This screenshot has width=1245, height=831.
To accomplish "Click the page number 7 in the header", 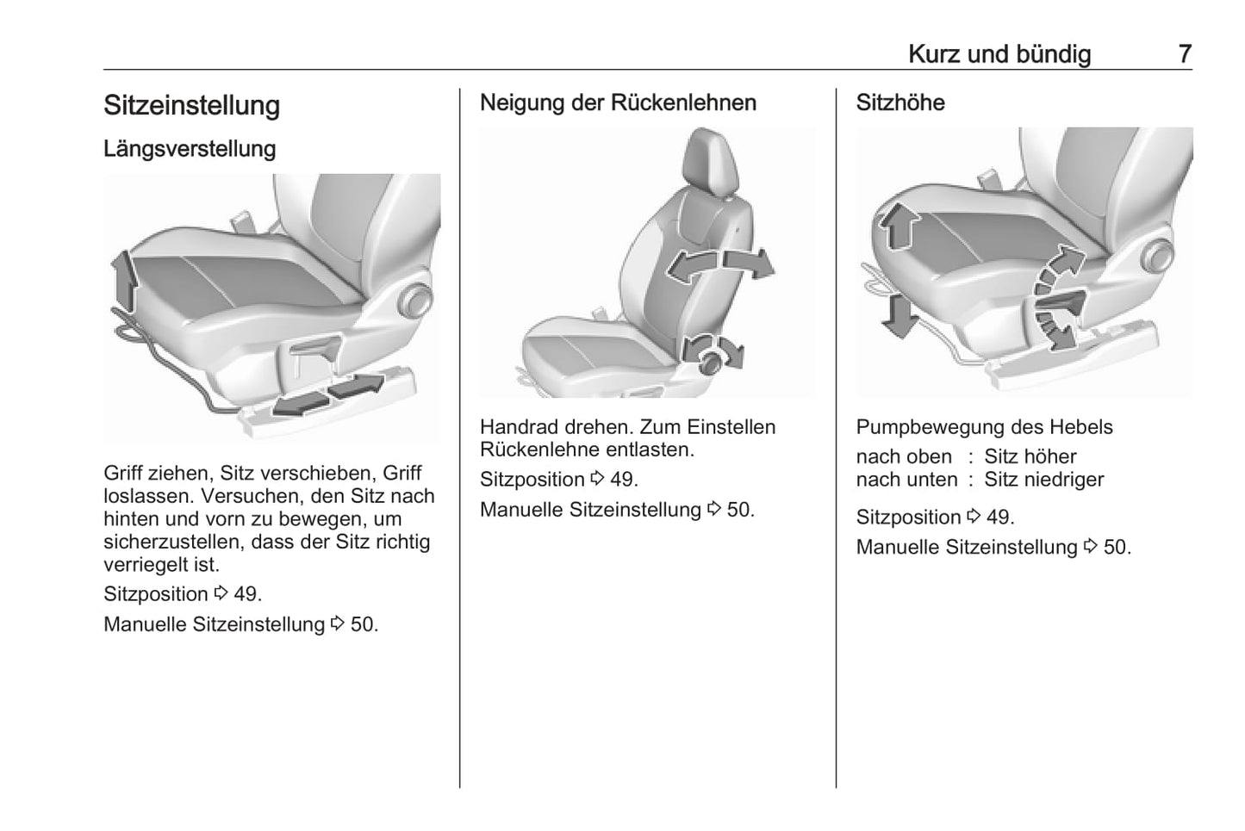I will point(1185,54).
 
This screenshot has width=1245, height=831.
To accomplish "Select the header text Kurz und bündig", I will point(999,54).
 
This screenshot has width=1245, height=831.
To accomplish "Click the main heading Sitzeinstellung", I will point(191,106).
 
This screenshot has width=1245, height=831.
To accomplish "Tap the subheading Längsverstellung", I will point(190,149).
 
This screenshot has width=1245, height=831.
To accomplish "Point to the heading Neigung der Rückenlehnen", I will point(618,102).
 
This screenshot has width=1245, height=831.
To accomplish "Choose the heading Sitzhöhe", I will point(900,102).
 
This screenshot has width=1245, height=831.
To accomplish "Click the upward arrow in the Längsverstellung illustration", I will point(123,280).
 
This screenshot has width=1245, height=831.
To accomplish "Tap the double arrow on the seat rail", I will point(327,394).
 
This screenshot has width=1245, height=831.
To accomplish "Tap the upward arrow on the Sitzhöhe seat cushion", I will point(897,225).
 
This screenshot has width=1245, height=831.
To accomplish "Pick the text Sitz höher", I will point(1030,456).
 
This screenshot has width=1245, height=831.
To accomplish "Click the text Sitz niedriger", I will point(1043,480).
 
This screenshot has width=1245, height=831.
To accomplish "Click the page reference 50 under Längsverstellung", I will point(364,624).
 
